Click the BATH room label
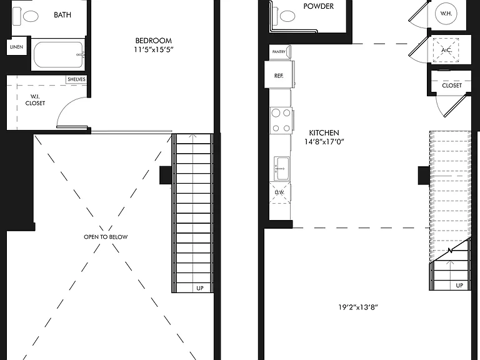(x=62, y=15)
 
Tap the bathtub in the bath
(x=59, y=55)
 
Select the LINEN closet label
(x=16, y=47)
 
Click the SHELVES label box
(x=76, y=79)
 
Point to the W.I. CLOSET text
(x=35, y=100)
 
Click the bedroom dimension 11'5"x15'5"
(x=154, y=49)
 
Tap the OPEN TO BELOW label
(x=106, y=237)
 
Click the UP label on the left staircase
(x=200, y=288)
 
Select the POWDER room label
(x=318, y=6)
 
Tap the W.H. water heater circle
(x=446, y=14)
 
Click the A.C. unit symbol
(x=446, y=50)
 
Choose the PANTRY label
(x=279, y=52)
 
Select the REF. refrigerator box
(x=279, y=75)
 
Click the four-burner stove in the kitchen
(x=281, y=121)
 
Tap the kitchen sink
(x=282, y=169)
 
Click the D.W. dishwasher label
(x=279, y=192)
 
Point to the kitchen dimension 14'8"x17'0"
(x=324, y=142)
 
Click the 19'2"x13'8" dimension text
(x=358, y=307)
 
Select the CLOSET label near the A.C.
(x=452, y=86)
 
